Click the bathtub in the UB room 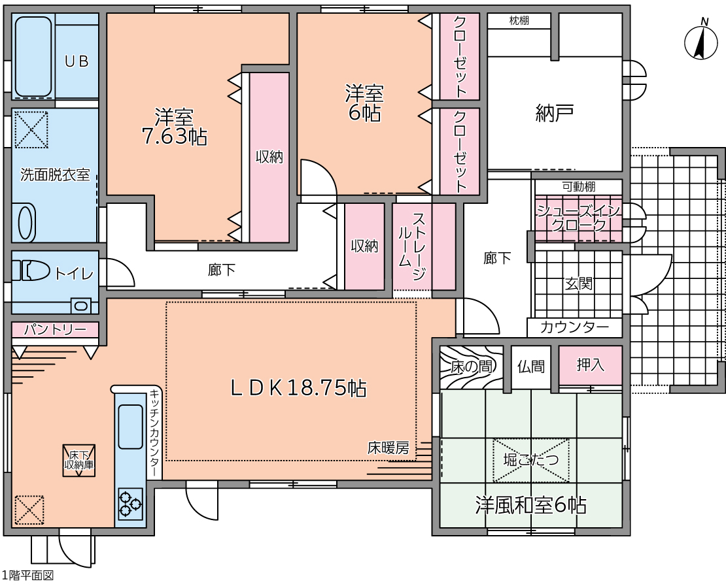33,56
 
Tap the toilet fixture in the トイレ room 31,270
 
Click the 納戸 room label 555,113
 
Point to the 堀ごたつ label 531,460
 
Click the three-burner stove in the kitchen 130,504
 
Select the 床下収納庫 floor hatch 79,461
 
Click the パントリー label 55,329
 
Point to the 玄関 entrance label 579,283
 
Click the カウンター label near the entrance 574,327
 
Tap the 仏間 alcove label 530,367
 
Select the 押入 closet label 591,365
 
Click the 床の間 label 472,367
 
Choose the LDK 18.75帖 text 299,388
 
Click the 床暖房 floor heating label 389,448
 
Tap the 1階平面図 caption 27,575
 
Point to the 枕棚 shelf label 519,20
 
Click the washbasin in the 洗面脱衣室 26,223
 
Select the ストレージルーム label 411,246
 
